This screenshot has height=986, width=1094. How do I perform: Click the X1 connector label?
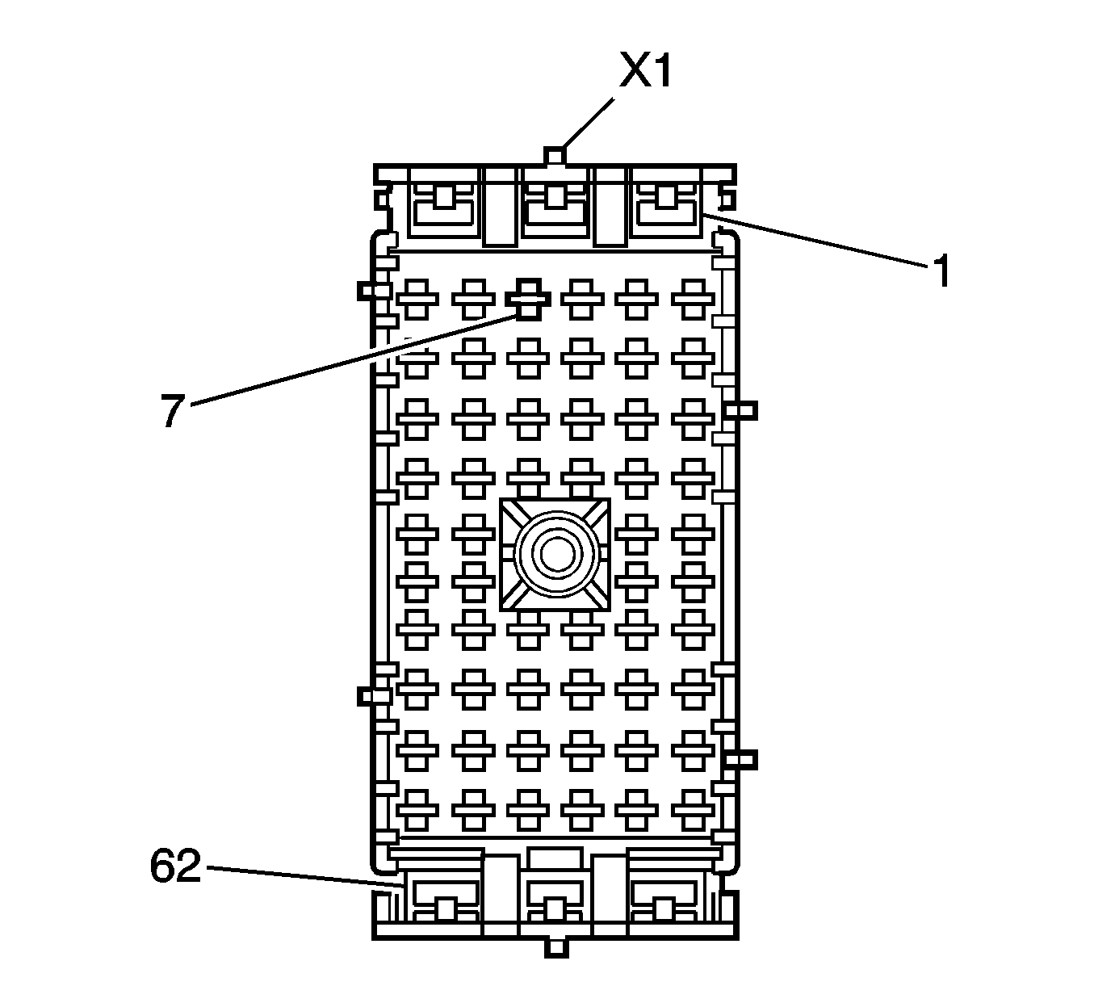tap(645, 72)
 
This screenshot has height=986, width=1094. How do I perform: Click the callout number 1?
tap(940, 271)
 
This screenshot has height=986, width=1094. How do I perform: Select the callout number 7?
tap(172, 412)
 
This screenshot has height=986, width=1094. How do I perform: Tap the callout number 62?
tap(175, 868)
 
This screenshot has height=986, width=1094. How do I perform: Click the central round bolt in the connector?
tap(555, 555)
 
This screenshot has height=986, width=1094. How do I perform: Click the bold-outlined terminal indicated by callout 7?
tap(528, 300)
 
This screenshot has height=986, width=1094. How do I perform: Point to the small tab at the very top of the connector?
tap(554, 155)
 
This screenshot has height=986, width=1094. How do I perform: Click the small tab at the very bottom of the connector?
tap(555, 946)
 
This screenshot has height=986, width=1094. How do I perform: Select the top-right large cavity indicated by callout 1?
tap(669, 204)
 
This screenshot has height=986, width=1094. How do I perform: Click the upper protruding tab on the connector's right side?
tap(741, 411)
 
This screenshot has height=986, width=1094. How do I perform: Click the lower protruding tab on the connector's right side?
tap(741, 759)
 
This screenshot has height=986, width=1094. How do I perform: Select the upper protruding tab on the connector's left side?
tap(370, 290)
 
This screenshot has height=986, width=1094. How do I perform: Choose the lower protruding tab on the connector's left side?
tap(370, 694)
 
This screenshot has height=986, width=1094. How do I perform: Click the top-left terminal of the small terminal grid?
tap(417, 300)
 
